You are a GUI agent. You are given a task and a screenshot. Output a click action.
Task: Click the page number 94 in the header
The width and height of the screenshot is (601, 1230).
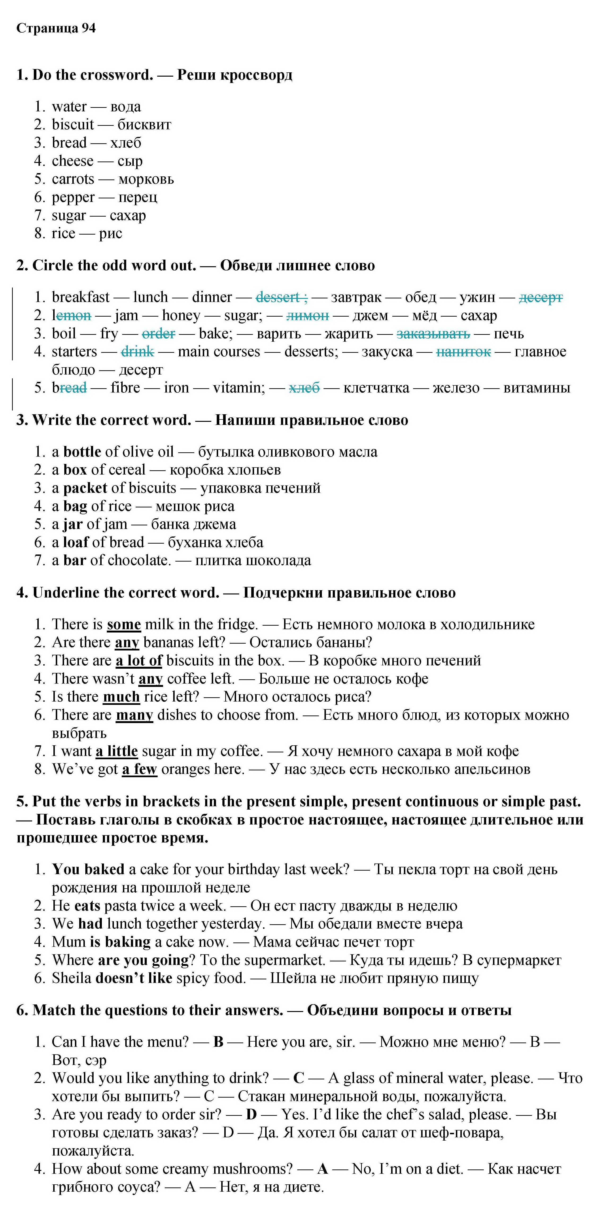[x=88, y=28]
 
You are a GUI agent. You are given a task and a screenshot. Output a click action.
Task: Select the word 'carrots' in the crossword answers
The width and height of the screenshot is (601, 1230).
[x=73, y=179]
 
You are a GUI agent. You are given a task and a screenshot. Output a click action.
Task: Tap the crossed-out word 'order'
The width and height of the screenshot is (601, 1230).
[x=159, y=333]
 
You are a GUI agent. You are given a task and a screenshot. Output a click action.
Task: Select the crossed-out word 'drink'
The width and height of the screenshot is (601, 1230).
[x=138, y=351]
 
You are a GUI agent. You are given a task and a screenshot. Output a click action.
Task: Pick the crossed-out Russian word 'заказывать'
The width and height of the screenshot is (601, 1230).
[x=433, y=333]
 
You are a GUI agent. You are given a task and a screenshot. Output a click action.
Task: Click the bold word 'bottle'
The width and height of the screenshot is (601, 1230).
[x=82, y=452]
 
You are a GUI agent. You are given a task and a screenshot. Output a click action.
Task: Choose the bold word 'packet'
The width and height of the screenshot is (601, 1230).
[x=85, y=488]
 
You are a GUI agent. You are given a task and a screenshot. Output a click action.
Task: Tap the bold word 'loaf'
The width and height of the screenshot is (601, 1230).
[x=76, y=542]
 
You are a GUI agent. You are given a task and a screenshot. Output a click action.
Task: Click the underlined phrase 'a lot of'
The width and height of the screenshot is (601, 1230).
[x=139, y=660]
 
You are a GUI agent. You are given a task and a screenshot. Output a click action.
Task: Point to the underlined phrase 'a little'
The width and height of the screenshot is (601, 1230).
[x=117, y=751]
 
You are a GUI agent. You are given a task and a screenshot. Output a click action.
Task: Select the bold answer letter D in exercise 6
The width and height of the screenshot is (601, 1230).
[x=251, y=1114]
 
